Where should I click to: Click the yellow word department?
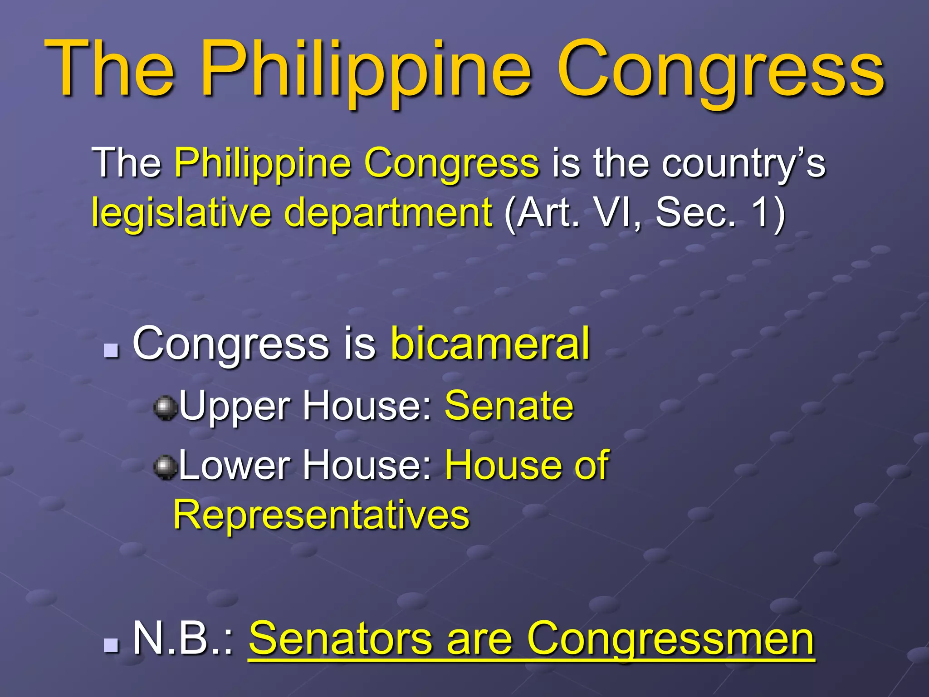point(388,212)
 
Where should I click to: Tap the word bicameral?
point(490,344)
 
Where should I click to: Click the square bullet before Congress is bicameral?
point(111,350)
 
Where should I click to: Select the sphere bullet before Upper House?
point(165,407)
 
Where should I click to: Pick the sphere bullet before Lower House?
point(165,467)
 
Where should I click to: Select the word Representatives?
point(321,515)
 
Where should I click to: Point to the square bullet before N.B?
point(111,644)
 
